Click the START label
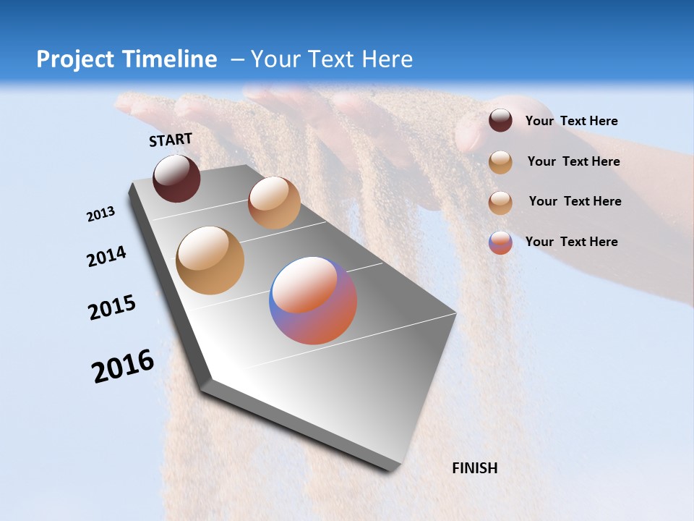[x=171, y=140]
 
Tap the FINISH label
[x=475, y=468]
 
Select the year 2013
[x=100, y=214]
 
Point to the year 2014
[x=106, y=257]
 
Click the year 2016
[x=123, y=366]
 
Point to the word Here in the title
[x=387, y=59]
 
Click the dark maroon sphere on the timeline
[x=176, y=178]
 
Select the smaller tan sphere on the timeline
[x=274, y=203]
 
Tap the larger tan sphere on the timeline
[x=210, y=260]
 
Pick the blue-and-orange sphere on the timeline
[x=313, y=300]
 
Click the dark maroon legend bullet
[x=500, y=121]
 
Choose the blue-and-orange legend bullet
[x=500, y=242]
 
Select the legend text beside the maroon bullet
[x=571, y=121]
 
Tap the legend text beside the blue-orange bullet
[x=571, y=242]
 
